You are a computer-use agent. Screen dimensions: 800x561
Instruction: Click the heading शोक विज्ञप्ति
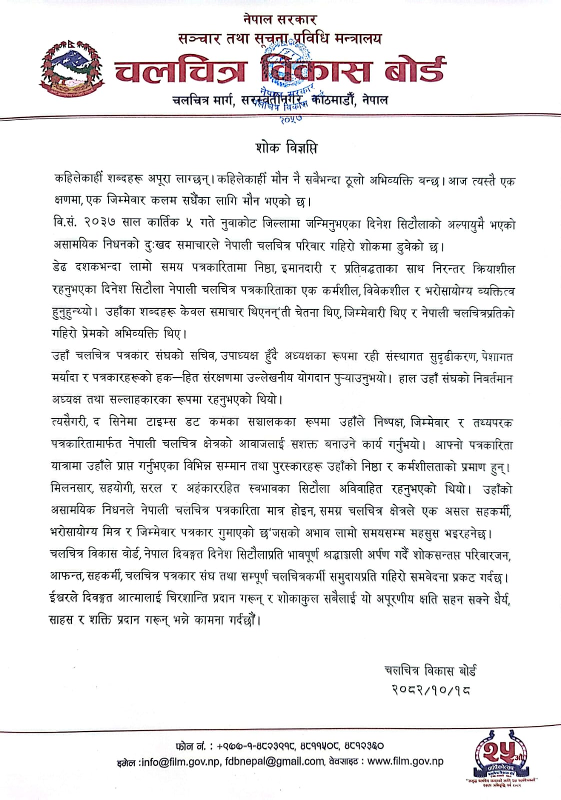click(x=285, y=148)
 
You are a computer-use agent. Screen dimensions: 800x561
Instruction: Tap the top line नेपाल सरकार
click(x=280, y=20)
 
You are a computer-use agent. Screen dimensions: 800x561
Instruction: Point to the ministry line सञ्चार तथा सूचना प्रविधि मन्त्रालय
click(x=280, y=39)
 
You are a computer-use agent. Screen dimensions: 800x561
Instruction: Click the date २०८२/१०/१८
click(x=430, y=690)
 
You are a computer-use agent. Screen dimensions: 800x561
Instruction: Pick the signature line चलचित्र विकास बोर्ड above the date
click(x=430, y=670)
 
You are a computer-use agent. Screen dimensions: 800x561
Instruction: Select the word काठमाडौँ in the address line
click(x=330, y=100)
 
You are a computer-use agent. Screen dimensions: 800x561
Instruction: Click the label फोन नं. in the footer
click(x=191, y=745)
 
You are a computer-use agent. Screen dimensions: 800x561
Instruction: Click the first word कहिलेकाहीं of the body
click(x=79, y=179)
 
